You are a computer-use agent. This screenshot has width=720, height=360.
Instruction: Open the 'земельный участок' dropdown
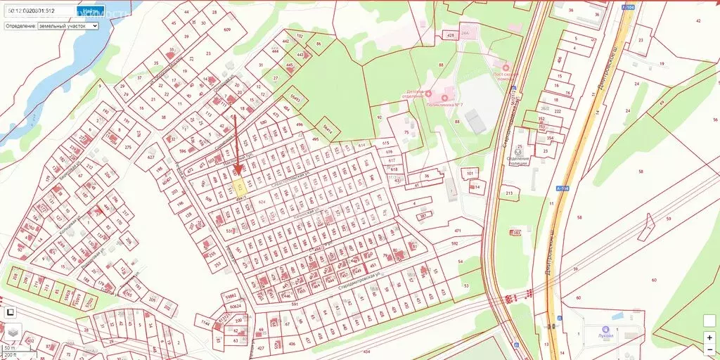coord(67,26)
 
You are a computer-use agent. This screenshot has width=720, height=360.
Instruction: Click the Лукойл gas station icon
coord(605,328)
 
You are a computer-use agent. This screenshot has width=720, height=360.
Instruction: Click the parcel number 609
coord(226,30)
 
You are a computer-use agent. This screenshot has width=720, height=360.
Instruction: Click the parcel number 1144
coord(205,322)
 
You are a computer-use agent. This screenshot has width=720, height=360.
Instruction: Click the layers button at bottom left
coord(13,330)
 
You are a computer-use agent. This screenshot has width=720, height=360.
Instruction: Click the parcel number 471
coord(457,231)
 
